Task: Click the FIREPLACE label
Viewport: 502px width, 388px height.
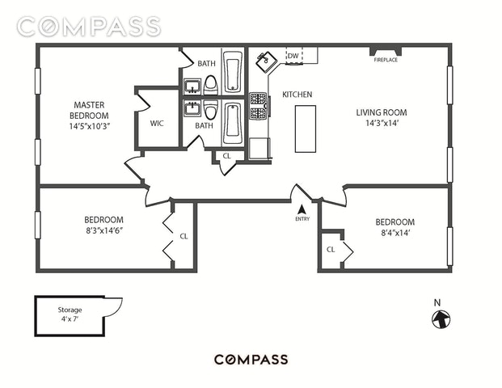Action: (386, 60)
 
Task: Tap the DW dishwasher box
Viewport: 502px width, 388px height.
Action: (294, 56)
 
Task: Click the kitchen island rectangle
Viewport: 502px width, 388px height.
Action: (306, 129)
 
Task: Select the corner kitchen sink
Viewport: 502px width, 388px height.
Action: (265, 61)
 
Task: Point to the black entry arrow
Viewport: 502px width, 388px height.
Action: (302, 210)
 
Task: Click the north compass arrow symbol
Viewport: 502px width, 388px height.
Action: (441, 319)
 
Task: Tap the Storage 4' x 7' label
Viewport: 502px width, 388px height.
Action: (70, 314)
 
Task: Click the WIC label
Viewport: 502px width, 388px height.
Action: (157, 123)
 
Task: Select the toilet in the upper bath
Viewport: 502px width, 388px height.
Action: (211, 85)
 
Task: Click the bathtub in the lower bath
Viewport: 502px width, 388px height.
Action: (233, 123)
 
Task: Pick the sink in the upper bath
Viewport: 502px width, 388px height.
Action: (192, 86)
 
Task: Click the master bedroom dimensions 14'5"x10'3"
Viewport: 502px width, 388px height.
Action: (89, 126)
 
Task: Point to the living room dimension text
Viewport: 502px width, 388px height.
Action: (382, 123)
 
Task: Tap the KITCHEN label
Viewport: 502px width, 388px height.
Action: (297, 95)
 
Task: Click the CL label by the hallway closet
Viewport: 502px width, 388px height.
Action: (226, 156)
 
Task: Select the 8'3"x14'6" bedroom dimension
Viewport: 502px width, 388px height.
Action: (104, 231)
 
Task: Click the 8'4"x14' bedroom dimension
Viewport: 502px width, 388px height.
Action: (395, 233)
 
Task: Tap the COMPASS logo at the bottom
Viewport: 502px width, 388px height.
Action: (251, 360)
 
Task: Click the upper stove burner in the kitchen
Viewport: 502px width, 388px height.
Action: (258, 99)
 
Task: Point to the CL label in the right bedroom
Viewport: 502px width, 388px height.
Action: (331, 250)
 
